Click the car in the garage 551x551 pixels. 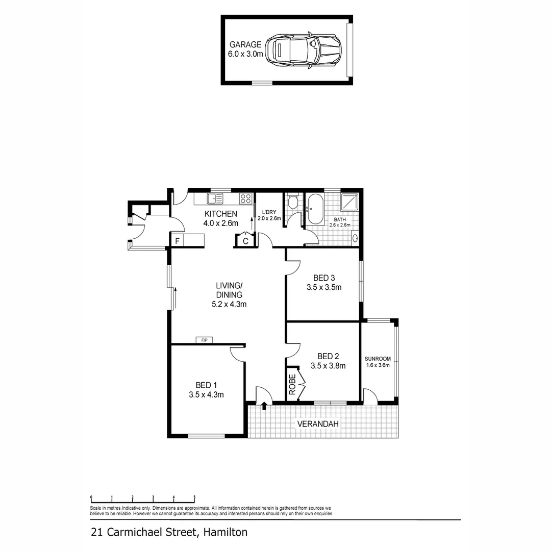point(303,50)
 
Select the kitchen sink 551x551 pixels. point(215,198)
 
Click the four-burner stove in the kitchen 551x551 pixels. point(245,198)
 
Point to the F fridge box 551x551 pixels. point(178,240)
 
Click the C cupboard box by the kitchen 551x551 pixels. point(245,241)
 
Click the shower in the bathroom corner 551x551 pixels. point(349,203)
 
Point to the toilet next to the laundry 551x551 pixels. point(293,203)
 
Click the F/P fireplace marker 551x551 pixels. point(204,340)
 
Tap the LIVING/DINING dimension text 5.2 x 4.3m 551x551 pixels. point(229,305)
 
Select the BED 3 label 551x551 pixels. point(323,278)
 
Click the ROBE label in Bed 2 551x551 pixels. point(292,385)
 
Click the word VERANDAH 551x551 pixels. point(318,424)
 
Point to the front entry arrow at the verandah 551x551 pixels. point(264,406)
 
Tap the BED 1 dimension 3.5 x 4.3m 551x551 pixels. point(206,394)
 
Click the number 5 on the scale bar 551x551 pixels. point(194,497)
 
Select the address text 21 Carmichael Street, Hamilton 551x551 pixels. point(169,532)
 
